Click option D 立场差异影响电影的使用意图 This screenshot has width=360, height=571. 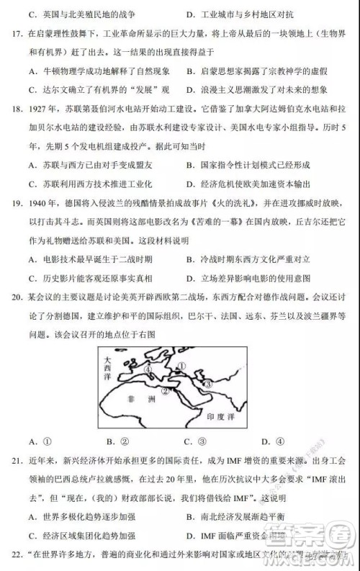(x=241, y=278)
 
